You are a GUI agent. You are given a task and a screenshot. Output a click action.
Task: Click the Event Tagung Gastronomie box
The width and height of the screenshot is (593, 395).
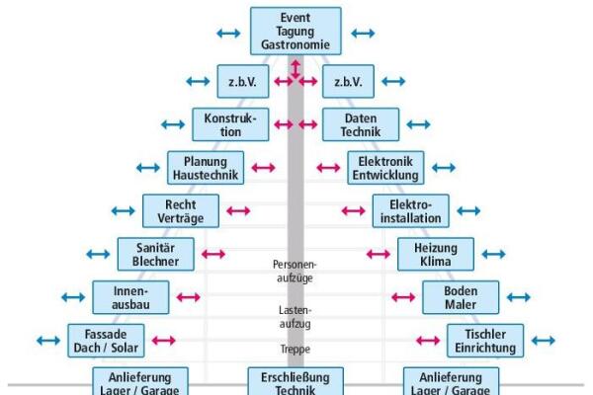[x=296, y=31]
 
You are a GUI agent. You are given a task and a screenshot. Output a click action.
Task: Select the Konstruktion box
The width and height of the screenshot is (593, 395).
[x=230, y=124]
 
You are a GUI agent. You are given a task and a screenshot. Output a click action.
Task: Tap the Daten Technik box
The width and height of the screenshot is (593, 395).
[x=361, y=124]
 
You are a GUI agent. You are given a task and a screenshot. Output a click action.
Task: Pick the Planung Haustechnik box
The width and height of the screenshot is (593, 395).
[x=206, y=168]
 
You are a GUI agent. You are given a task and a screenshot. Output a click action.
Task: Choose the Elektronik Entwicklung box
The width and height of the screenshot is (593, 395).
[x=385, y=168]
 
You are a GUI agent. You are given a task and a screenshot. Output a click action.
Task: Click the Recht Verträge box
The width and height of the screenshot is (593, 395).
[x=181, y=211]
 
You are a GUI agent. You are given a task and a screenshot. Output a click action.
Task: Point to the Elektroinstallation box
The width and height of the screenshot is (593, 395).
[x=411, y=211]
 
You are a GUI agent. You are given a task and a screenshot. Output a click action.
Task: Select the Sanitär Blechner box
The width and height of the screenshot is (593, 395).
[x=156, y=254]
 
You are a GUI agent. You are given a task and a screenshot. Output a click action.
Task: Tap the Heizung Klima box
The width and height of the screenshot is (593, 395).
[x=436, y=254]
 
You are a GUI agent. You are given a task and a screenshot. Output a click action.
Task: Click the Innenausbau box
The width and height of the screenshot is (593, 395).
[x=130, y=297]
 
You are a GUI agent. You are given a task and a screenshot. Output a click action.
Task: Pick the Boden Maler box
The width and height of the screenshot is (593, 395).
[x=461, y=297]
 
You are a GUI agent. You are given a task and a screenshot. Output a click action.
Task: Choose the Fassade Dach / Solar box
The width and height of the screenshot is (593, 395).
[x=106, y=341]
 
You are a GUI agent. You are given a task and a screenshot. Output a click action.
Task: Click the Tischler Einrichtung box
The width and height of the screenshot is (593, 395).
[x=485, y=341]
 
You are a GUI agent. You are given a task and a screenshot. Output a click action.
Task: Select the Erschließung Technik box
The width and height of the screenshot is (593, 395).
[x=296, y=381]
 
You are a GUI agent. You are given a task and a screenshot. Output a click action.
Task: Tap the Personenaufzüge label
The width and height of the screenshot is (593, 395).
[x=295, y=271]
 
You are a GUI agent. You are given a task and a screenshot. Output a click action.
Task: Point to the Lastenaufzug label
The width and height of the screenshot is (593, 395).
[x=295, y=317]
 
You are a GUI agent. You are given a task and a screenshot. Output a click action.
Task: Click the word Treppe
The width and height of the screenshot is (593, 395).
[x=295, y=349]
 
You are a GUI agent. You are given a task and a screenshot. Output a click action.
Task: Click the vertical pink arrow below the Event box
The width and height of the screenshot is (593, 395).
[x=296, y=69]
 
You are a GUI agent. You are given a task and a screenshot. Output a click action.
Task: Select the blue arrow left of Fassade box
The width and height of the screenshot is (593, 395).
[x=48, y=341]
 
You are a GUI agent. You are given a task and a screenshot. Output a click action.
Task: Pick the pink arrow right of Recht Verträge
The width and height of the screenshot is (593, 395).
[x=238, y=211]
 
